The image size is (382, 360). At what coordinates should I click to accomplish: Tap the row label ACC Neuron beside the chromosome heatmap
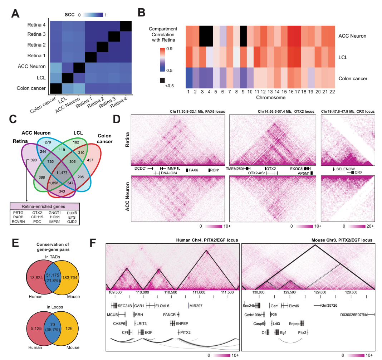[352, 36]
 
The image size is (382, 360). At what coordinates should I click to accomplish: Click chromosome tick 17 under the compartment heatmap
[295, 92]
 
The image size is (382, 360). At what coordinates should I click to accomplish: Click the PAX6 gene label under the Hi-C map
[194, 170]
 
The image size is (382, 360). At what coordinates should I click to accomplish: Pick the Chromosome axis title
[260, 97]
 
